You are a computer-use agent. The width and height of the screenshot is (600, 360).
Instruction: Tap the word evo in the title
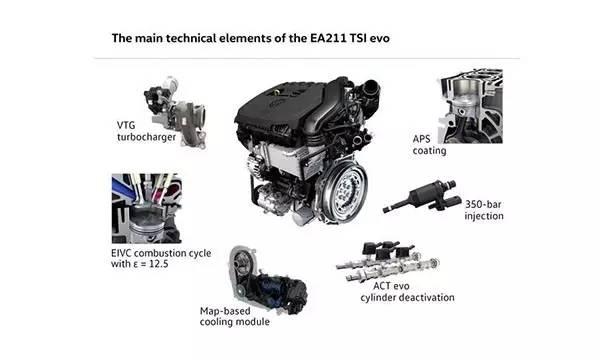click(380, 38)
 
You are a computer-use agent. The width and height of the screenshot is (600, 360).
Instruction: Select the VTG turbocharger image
click(175, 112)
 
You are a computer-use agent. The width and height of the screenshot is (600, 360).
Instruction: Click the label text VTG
click(126, 125)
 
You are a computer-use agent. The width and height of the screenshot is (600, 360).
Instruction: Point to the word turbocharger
click(147, 137)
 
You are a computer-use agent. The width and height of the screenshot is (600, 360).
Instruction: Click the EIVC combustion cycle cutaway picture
click(147, 209)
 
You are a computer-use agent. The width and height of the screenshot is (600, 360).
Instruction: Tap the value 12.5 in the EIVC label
click(158, 264)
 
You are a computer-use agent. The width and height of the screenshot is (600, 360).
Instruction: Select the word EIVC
click(121, 253)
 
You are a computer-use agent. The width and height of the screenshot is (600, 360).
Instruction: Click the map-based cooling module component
click(268, 280)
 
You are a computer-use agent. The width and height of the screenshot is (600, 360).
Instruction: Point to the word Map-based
click(225, 311)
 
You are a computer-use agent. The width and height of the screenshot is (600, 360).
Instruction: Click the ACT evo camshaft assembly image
click(387, 261)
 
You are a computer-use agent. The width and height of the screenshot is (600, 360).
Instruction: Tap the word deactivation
click(429, 297)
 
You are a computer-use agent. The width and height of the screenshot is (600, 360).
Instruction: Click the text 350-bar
click(483, 204)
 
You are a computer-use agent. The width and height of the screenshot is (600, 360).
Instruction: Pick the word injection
click(484, 216)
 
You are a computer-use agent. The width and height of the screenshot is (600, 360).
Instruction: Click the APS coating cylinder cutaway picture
click(470, 106)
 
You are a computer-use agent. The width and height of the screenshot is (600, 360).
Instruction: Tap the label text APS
click(421, 139)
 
